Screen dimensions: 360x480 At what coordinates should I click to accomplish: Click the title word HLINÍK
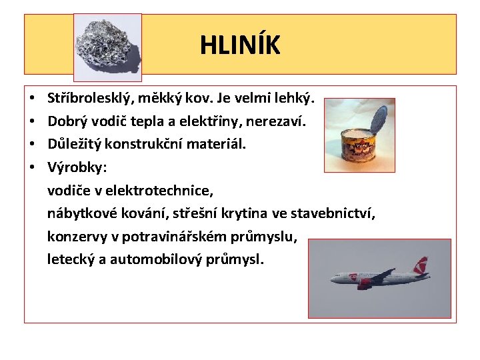240,45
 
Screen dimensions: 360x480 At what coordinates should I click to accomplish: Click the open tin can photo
359,136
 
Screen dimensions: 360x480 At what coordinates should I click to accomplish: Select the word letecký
69,259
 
